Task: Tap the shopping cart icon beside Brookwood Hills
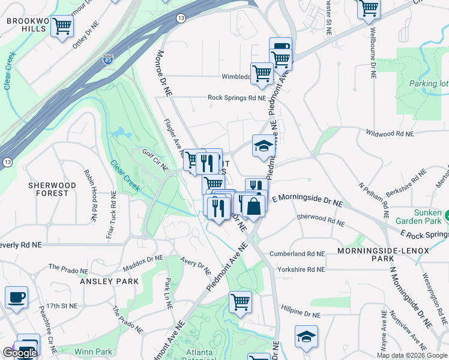tap(62, 27)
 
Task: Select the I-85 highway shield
tap(107, 60)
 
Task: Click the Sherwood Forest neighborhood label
tap(52, 189)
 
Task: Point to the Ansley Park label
tap(110, 281)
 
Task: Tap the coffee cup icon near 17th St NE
tap(16, 297)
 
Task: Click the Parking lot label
tap(429, 84)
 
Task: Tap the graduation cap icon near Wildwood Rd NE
tap(262, 146)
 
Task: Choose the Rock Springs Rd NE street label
tap(237, 98)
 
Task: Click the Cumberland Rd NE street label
tap(297, 254)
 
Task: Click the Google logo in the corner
tap(19, 353)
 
